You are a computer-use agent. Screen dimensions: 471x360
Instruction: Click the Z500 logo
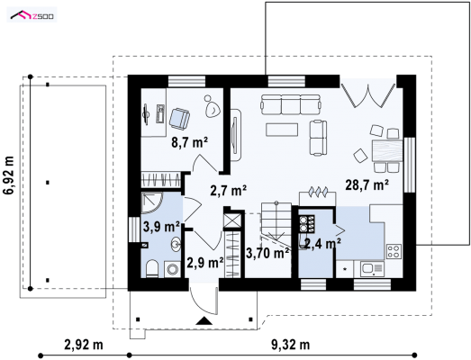32,14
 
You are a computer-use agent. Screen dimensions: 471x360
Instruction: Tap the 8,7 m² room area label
190,142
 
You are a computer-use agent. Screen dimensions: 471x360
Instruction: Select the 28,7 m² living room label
367,185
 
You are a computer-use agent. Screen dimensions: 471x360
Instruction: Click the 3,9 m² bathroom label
161,227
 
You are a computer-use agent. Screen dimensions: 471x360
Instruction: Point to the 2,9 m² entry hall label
205,263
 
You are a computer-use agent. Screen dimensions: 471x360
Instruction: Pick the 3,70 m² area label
268,253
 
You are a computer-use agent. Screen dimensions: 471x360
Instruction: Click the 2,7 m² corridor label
229,191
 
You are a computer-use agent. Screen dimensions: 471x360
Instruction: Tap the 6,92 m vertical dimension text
9,175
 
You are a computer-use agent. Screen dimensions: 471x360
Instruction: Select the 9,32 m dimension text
291,345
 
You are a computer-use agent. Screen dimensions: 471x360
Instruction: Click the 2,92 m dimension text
84,345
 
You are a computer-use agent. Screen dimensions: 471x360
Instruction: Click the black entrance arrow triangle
204,320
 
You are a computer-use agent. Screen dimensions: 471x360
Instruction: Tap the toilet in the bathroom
152,268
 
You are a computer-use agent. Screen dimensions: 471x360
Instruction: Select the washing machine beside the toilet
172,269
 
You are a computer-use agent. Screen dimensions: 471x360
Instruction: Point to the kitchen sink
372,269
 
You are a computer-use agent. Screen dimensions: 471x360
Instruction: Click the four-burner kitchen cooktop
394,252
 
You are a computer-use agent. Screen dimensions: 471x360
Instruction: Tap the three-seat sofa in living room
291,104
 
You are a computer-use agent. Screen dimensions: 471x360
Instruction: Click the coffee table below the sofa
282,130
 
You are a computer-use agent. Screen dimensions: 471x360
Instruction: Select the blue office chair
179,119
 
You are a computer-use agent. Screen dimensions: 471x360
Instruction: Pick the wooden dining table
387,150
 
